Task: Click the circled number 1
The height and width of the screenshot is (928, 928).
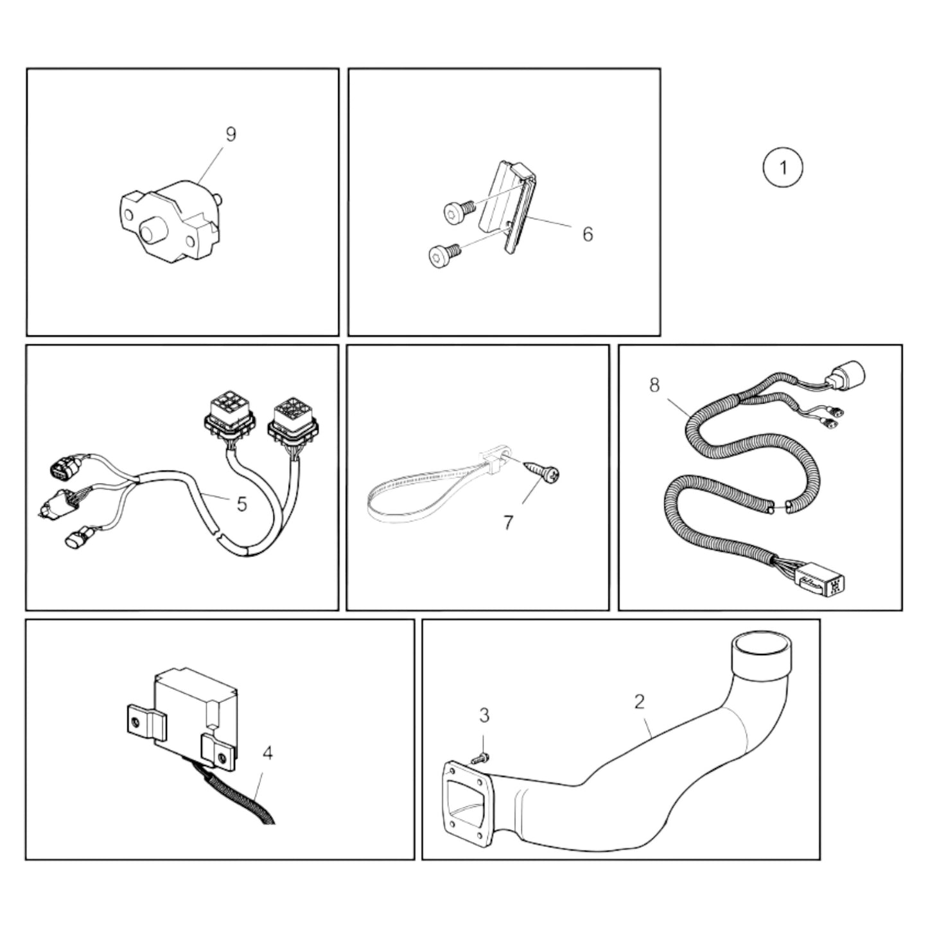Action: coord(782,168)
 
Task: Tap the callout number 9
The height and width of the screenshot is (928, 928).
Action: coord(231,134)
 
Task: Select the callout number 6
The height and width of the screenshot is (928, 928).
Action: coord(588,234)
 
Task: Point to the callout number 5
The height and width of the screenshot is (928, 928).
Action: coord(241,504)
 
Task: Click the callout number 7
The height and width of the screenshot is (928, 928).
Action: coord(508,523)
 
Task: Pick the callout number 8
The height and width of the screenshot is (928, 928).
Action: coord(654,386)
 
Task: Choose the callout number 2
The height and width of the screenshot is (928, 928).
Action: coord(639,701)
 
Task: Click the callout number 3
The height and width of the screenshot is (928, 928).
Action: coord(484,714)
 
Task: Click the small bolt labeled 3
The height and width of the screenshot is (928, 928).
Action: coord(480,758)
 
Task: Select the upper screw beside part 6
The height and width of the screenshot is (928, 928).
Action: coord(457,208)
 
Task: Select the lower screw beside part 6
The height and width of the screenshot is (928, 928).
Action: coord(441,256)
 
